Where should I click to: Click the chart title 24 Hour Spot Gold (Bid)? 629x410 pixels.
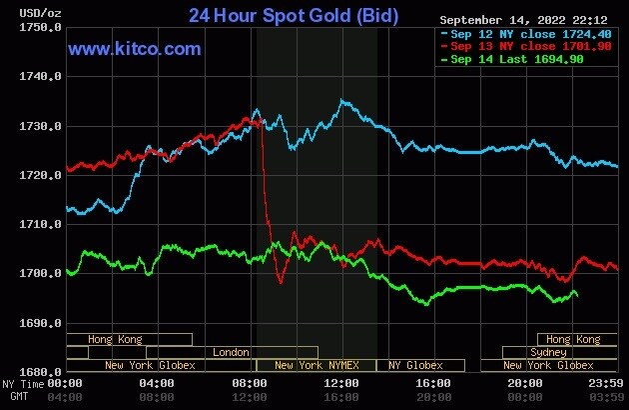pos(294,16)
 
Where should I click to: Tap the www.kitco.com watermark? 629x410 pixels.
pos(135,48)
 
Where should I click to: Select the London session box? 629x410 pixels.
pos(232,352)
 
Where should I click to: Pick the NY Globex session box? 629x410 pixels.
pos(415,365)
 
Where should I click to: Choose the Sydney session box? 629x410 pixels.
pos(548,352)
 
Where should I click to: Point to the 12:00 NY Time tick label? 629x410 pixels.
pos(342,384)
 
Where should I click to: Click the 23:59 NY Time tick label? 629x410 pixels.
pos(606,384)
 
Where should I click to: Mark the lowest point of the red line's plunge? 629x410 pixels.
pos(281,283)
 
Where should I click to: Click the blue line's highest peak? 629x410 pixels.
pos(342,100)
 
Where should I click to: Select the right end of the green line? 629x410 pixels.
pos(577,296)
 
